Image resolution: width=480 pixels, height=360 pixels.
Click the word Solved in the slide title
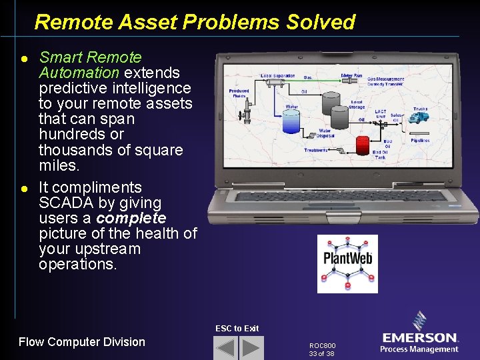tap(321, 22)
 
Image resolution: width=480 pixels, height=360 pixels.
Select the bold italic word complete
tap(131, 218)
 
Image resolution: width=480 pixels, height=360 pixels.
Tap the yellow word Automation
tap(79, 72)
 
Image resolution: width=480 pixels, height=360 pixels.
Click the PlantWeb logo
tap(347, 263)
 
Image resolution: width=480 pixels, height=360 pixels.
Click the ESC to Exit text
tap(237, 328)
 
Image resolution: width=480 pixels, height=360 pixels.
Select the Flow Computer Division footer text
tap(81, 342)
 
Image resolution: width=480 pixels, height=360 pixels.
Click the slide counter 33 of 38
tap(321, 354)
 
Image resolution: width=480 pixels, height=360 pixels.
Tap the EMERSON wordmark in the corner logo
tap(420, 338)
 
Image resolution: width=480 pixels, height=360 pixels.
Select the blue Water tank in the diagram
tap(291, 122)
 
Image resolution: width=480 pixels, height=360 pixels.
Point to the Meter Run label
tap(351, 76)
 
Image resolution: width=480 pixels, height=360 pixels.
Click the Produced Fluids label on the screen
tap(239, 93)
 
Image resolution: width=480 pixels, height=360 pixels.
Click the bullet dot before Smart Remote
tap(24, 59)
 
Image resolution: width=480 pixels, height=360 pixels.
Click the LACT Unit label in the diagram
tap(380, 114)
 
